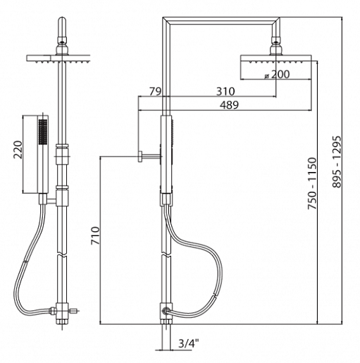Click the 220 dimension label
pyautogui.click(x=18, y=149)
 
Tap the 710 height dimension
pyautogui.click(x=96, y=235)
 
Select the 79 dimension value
pyautogui.click(x=156, y=92)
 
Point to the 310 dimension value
pyautogui.click(x=225, y=92)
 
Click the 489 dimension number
pyautogui.click(x=229, y=105)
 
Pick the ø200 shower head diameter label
pyautogui.click(x=277, y=75)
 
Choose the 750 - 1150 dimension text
pyautogui.click(x=313, y=183)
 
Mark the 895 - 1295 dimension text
pyautogui.click(x=337, y=161)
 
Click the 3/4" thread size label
pyautogui.click(x=189, y=343)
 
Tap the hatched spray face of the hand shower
pyautogui.click(x=43, y=132)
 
